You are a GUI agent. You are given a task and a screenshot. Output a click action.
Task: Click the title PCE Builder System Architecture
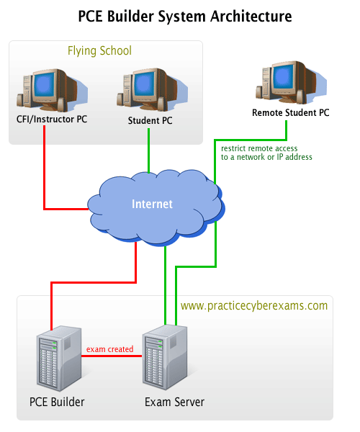(x=185, y=17)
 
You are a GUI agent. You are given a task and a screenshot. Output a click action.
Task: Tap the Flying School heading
(x=99, y=51)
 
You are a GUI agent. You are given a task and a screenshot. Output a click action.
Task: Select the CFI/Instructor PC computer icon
(x=53, y=90)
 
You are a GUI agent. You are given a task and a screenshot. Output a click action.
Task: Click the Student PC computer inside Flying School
(x=152, y=89)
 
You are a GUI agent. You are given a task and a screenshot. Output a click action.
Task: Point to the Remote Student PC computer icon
(x=291, y=82)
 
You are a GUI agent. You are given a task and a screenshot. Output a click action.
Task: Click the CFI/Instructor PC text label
(x=52, y=120)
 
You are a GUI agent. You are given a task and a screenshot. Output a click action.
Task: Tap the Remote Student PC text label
(x=291, y=113)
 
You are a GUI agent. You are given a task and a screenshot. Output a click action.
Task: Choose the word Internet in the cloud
(x=152, y=204)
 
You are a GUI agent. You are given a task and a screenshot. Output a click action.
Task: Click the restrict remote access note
(x=266, y=153)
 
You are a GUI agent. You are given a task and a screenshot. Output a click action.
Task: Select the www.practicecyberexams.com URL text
(x=254, y=306)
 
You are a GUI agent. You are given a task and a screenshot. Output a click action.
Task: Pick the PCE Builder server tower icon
(x=59, y=358)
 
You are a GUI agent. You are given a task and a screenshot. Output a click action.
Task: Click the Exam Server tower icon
(x=165, y=357)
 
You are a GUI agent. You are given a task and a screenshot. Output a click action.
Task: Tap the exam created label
(x=109, y=349)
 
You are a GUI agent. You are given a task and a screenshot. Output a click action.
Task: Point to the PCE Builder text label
(x=57, y=402)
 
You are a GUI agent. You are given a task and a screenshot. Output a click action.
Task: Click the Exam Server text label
(x=174, y=402)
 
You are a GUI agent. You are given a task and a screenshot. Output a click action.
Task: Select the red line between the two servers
(x=112, y=356)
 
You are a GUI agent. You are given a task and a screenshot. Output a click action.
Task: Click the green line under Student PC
(x=149, y=150)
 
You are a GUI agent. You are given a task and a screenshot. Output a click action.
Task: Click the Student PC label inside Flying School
(x=150, y=121)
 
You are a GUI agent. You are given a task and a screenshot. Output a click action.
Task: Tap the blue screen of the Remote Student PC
(x=283, y=76)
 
